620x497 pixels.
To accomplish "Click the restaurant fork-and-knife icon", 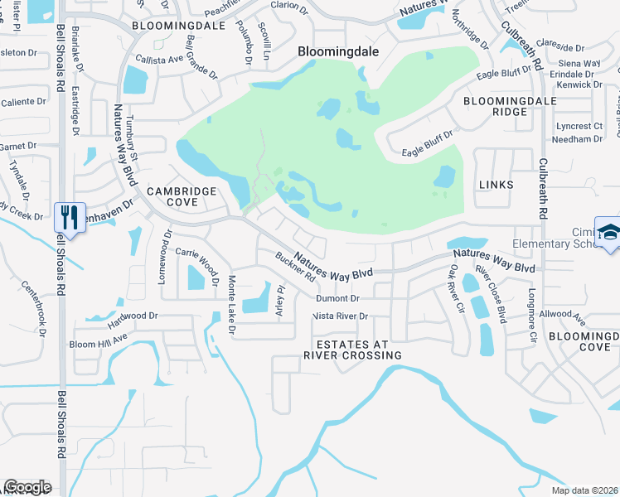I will (x=68, y=218).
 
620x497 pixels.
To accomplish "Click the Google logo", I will (x=27, y=488).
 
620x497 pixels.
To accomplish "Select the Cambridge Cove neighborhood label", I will (x=182, y=196).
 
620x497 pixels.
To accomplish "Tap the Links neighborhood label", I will (x=496, y=184).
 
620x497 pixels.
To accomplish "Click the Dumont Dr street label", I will (x=337, y=298).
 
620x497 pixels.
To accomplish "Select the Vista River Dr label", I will (x=339, y=316).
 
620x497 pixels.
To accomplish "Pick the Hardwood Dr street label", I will (x=125, y=316).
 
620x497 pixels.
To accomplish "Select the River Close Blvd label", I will (x=491, y=293).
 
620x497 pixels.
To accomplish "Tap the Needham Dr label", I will (x=580, y=139).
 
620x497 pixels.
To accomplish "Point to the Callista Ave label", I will (x=159, y=60).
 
